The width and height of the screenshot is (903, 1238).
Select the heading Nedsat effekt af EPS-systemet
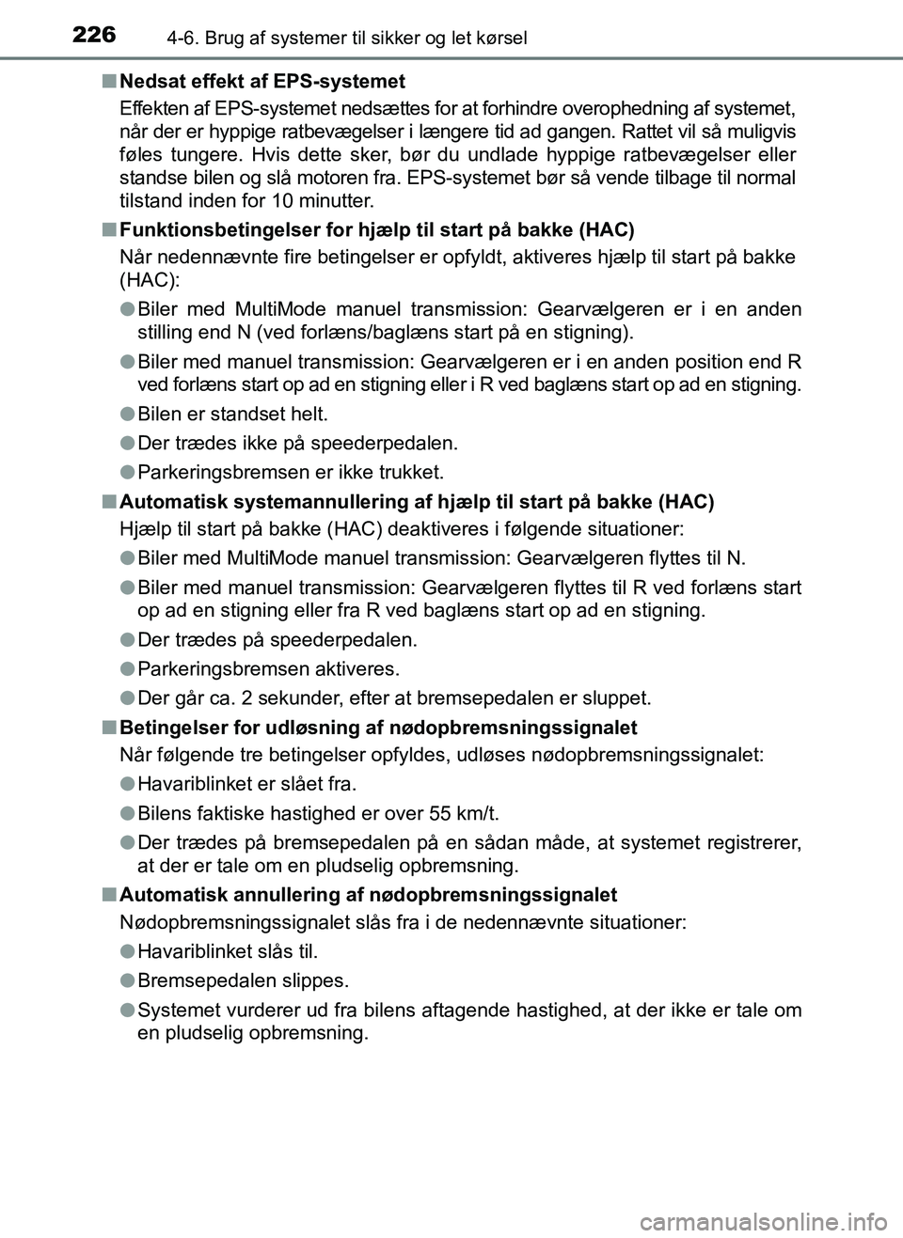(262, 81)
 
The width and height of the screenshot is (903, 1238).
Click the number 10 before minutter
(283, 201)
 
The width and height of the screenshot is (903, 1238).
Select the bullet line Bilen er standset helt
(232, 414)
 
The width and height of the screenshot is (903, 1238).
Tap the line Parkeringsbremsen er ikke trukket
(290, 472)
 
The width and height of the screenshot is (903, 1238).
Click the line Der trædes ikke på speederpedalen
(297, 443)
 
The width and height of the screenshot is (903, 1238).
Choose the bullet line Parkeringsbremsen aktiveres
(268, 669)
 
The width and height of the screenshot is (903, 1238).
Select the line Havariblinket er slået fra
(247, 784)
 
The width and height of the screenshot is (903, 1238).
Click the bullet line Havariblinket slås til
(228, 951)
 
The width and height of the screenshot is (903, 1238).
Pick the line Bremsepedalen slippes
(243, 980)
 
